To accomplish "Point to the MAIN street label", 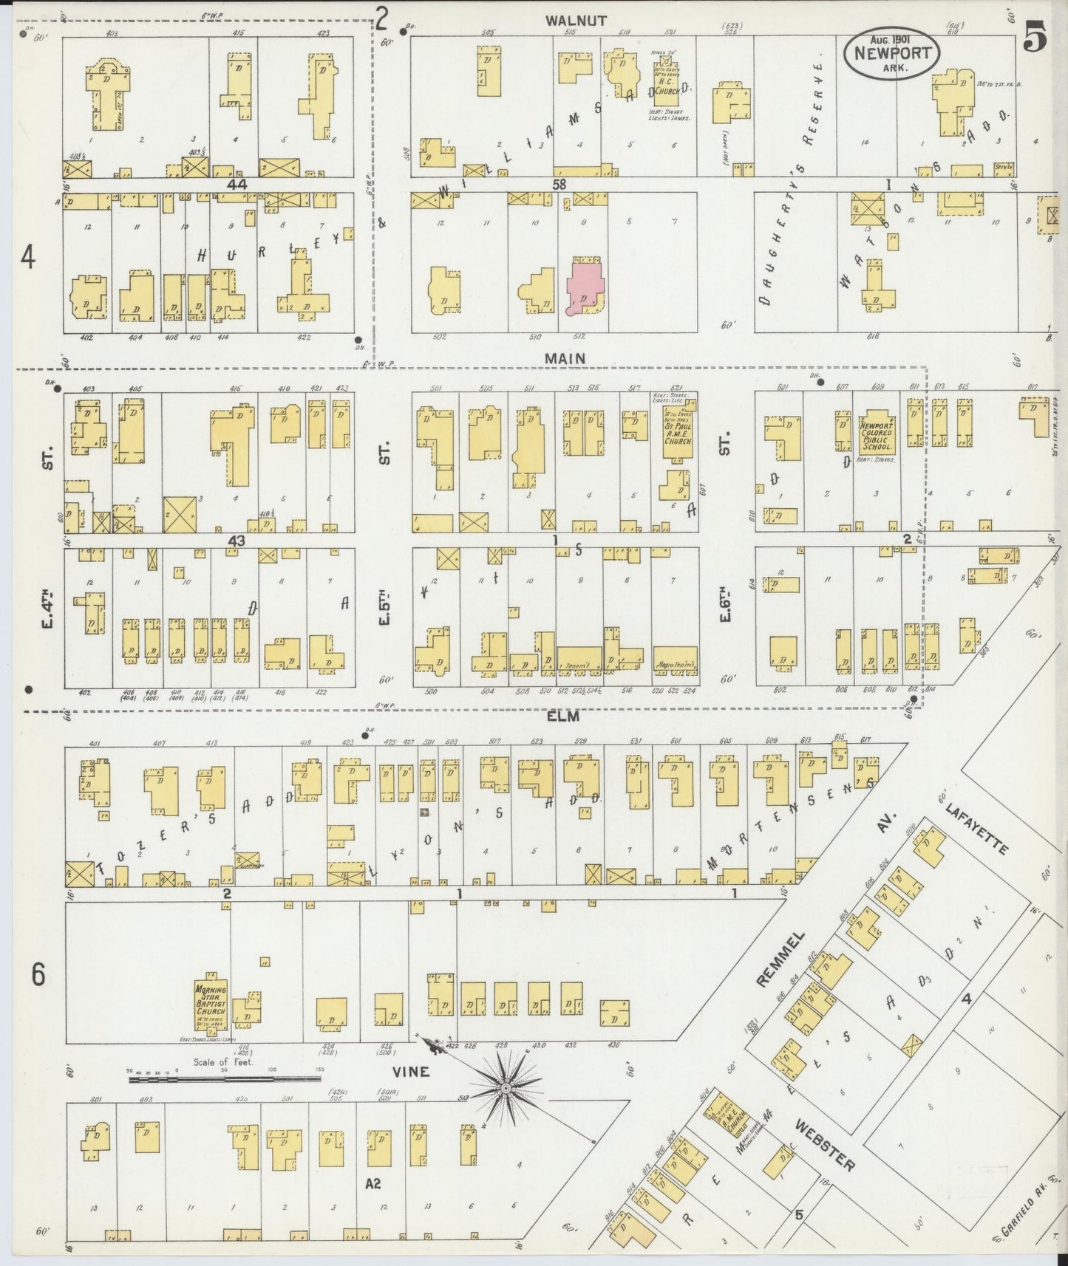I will pos(565,358).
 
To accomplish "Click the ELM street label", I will pos(563,716).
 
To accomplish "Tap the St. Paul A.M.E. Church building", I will pos(677,431).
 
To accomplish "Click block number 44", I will pos(237,184).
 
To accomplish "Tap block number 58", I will pos(557,183).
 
